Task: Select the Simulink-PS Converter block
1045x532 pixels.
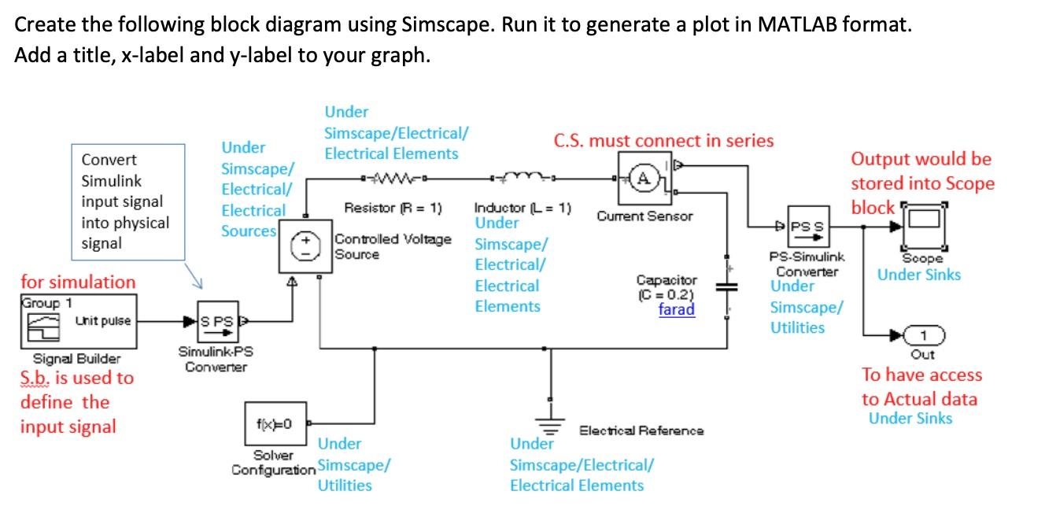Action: point(216,322)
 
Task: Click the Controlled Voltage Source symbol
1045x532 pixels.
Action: point(299,247)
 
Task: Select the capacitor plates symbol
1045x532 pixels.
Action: point(724,289)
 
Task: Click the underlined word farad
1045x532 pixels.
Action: point(677,309)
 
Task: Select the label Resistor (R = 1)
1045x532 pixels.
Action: point(393,209)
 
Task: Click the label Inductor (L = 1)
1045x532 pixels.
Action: point(522,209)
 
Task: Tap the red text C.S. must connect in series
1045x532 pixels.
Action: point(663,141)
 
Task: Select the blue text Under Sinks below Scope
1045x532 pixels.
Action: point(918,275)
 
